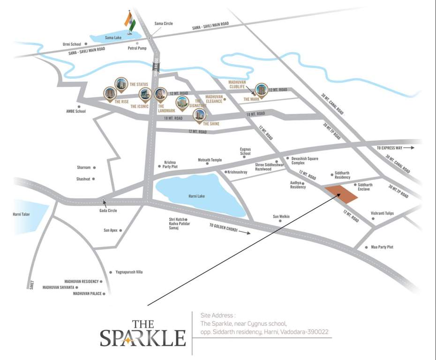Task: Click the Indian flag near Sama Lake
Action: (130, 21)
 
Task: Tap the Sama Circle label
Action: (164, 23)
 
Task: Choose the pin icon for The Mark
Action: (261, 90)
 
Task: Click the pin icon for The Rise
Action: (109, 93)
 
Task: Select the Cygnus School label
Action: (245, 151)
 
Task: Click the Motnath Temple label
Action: (210, 160)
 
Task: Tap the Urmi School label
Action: (72, 44)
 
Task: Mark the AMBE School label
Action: (76, 112)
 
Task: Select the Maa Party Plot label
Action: (382, 247)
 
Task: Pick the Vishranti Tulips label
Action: (383, 213)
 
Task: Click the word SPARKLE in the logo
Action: (143, 337)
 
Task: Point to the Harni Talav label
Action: (23, 215)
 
